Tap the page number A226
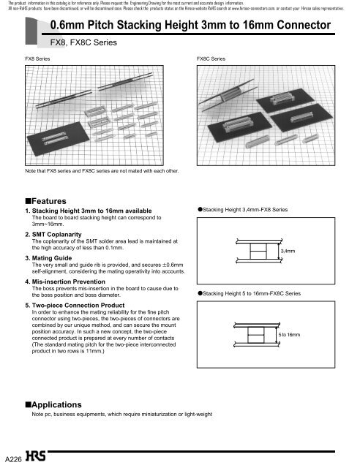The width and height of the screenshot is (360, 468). (12, 458)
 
